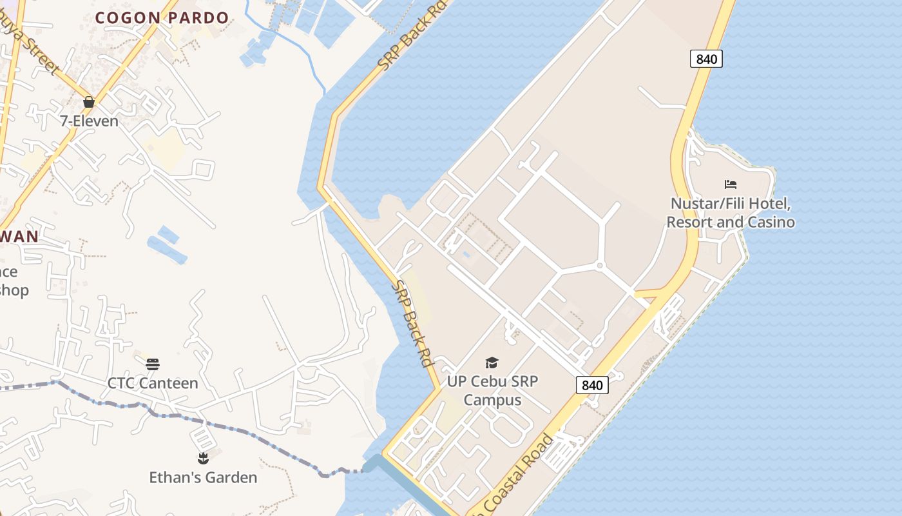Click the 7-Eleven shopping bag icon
[x=89, y=102]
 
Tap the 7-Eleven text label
[x=89, y=121]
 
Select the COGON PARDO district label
[x=162, y=18]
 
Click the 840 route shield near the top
[x=706, y=59]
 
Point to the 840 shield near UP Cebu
[x=591, y=385]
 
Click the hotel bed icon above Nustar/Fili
[x=730, y=184]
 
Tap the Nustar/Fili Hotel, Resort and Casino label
[x=730, y=213]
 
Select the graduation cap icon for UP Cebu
[x=492, y=363]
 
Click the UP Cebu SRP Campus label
[x=492, y=390]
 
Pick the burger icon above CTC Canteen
[x=152, y=364]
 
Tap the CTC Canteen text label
[x=152, y=383]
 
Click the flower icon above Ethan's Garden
[x=203, y=459]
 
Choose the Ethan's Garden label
[x=203, y=477]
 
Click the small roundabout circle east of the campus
[x=599, y=265]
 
